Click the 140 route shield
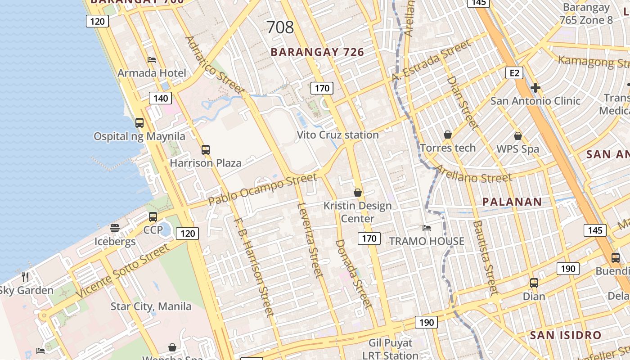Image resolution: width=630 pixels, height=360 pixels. tap(161, 99)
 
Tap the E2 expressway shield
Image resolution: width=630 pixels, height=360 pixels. tap(514, 73)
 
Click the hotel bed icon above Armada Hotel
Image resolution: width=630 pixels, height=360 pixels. tap(152, 59)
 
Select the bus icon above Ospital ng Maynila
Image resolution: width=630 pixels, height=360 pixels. tap(139, 122)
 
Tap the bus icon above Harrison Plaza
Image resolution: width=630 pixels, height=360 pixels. tap(206, 149)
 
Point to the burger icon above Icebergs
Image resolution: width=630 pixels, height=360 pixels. tap(115, 228)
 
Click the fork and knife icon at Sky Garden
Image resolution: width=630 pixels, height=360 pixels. tap(25, 277)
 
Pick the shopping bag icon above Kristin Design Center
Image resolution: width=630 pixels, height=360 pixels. tap(358, 193)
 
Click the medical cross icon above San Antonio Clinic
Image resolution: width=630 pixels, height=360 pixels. tap(535, 87)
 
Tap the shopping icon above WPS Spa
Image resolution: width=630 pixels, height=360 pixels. tap(518, 135)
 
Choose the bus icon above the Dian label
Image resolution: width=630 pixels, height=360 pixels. tap(534, 283)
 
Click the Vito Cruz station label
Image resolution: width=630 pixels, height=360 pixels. tap(337, 135)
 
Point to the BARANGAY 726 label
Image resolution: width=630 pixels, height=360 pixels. tap(317, 52)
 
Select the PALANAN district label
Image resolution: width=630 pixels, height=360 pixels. tap(512, 202)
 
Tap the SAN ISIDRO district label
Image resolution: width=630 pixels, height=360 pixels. tap(565, 335)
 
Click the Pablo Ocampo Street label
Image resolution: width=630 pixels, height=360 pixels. tap(263, 189)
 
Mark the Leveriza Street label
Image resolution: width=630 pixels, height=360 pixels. tap(310, 239)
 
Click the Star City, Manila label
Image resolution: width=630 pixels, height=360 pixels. tap(151, 306)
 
